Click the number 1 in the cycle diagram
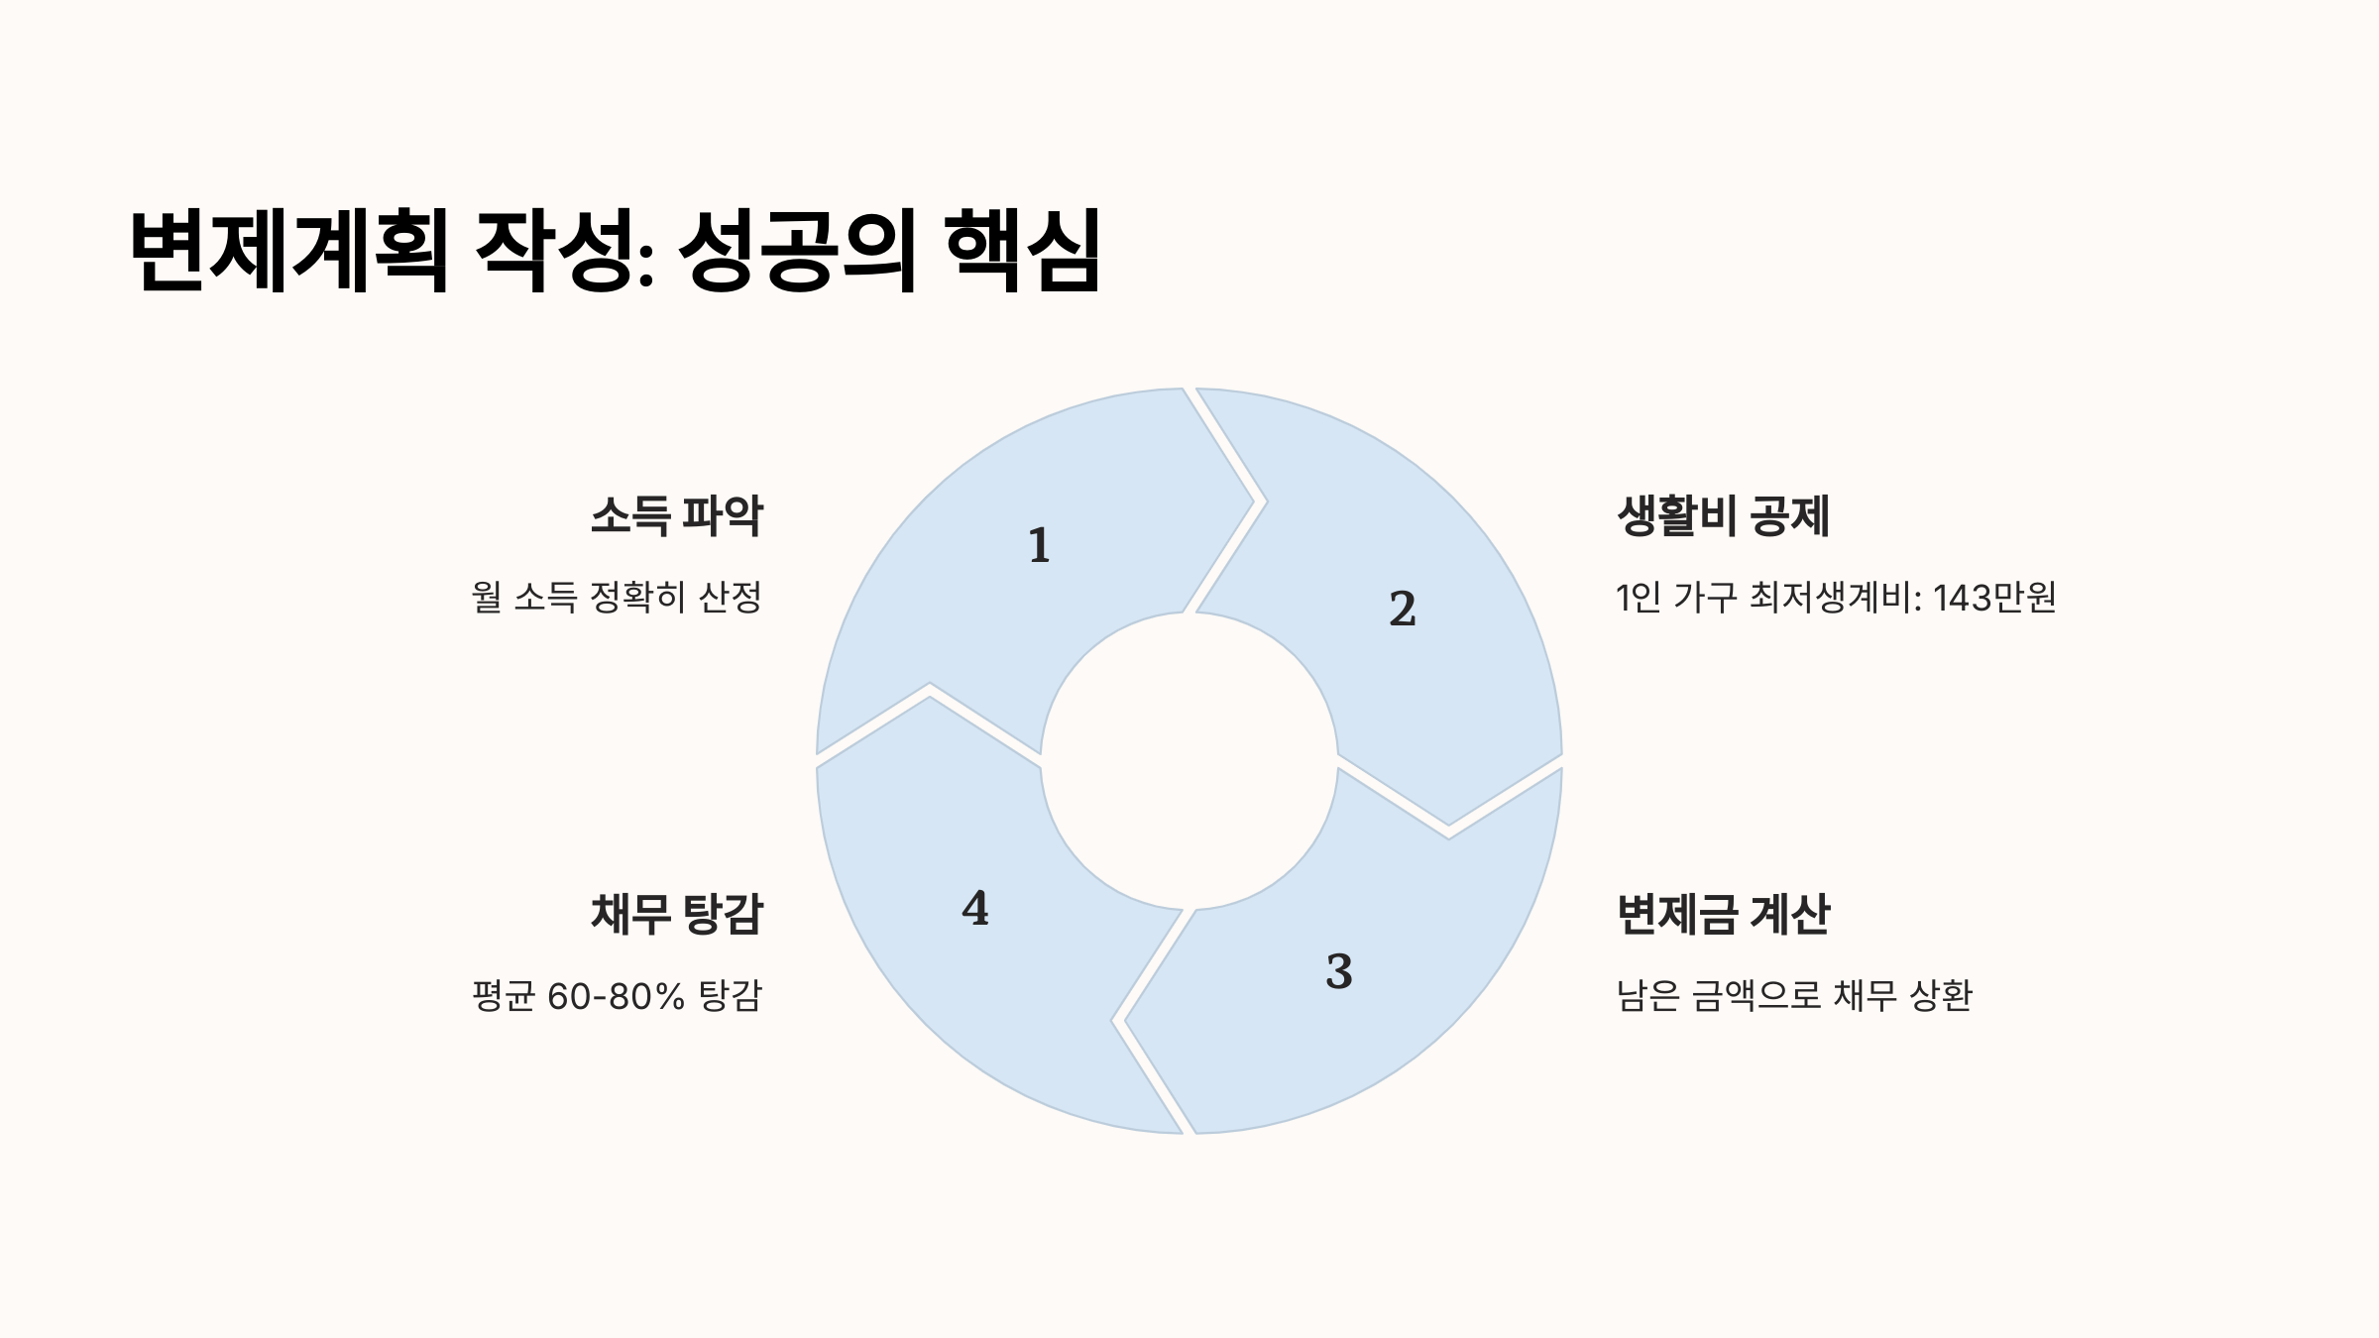[x=1039, y=545]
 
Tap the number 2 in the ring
[x=1402, y=609]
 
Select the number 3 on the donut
[x=1339, y=971]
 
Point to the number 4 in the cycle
[x=975, y=908]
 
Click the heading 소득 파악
[x=676, y=515]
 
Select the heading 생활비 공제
[x=1723, y=515]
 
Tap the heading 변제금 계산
[x=1723, y=914]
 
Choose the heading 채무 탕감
[x=676, y=914]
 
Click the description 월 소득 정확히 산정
[x=617, y=597]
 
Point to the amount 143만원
[x=1994, y=598]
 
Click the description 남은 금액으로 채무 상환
[x=1794, y=995]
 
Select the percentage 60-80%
[x=616, y=996]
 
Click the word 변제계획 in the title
[x=288, y=250]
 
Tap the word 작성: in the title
[x=565, y=250]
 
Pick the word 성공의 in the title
[x=797, y=250]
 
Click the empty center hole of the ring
[x=1189, y=761]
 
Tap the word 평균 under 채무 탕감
[x=504, y=995]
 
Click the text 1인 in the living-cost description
[x=1638, y=598]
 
